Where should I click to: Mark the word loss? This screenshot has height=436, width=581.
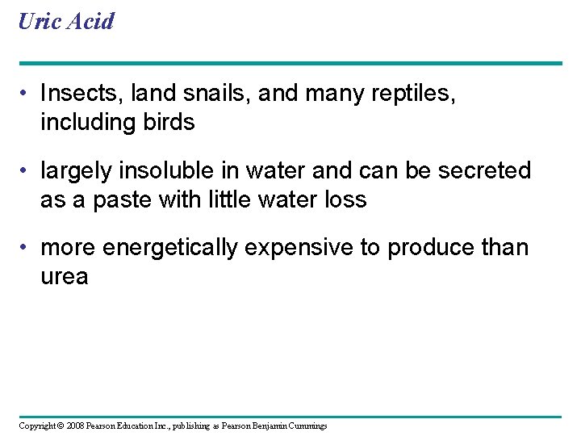click(345, 199)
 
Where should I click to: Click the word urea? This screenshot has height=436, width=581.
click(65, 277)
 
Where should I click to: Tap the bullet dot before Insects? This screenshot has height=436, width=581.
click(27, 94)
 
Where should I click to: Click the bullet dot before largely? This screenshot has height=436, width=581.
click(27, 171)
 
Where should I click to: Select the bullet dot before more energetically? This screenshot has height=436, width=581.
click(27, 248)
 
